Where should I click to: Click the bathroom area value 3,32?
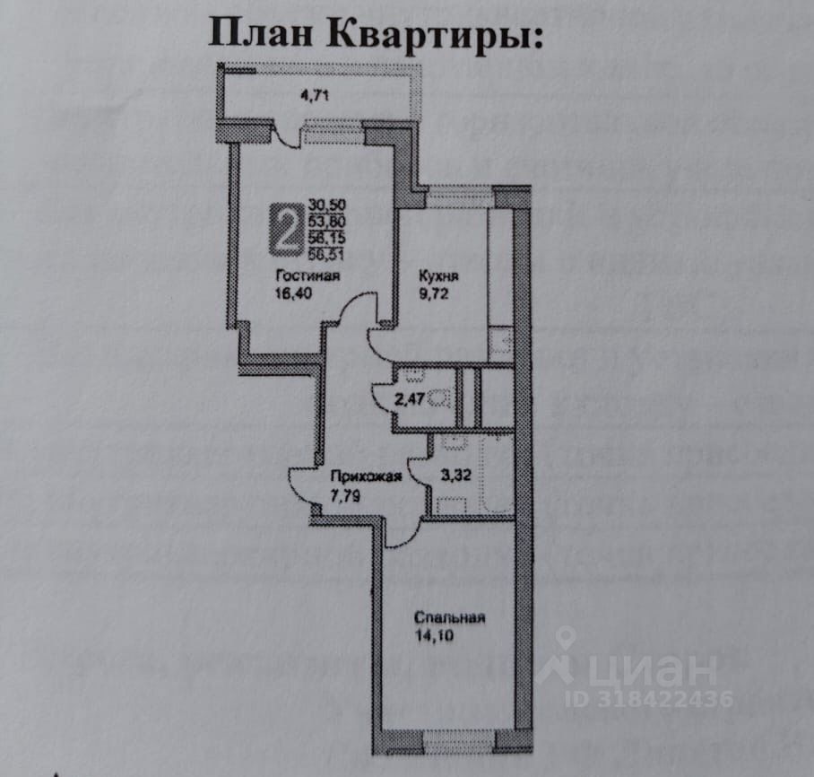[x=456, y=476]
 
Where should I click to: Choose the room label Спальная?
[x=449, y=617]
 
